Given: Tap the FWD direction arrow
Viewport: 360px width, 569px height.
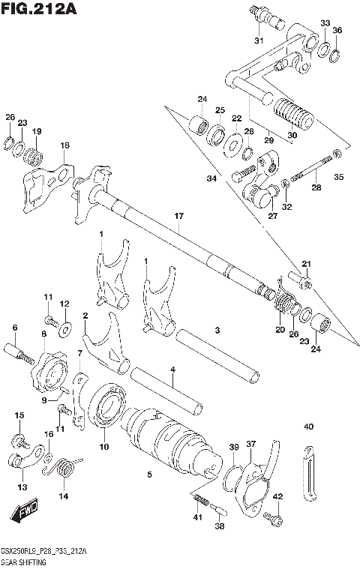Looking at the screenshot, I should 22,514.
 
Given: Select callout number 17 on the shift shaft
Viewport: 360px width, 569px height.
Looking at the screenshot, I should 178,217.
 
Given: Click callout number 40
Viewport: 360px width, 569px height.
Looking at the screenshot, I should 308,427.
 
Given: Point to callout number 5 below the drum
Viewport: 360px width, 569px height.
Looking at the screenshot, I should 149,474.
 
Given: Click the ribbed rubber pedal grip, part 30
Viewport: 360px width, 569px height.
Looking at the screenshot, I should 292,114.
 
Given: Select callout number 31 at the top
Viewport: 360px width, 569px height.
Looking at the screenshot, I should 258,40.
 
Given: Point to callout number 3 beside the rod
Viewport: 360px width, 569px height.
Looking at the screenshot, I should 216,330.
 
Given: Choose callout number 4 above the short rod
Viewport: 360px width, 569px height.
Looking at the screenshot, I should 172,369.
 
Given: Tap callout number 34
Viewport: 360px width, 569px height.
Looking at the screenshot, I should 211,178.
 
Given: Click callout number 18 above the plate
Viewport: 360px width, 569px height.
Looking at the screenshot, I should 64,145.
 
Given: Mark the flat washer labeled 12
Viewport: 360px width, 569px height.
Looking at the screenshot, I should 65,327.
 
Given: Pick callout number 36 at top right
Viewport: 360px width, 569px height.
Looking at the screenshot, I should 337,30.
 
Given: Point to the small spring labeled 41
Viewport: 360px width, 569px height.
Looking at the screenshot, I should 200,501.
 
